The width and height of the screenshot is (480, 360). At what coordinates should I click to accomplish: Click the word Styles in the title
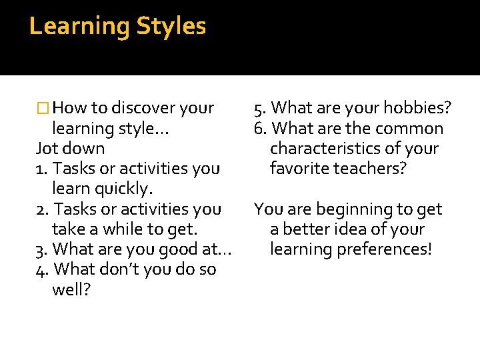click(x=171, y=27)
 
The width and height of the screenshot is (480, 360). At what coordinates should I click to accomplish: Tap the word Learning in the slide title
click(x=80, y=27)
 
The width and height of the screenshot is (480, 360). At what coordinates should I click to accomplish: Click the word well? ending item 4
click(x=71, y=290)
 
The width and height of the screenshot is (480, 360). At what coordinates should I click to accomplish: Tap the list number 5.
click(x=259, y=108)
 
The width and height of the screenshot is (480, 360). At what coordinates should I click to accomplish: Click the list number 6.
click(x=259, y=128)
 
